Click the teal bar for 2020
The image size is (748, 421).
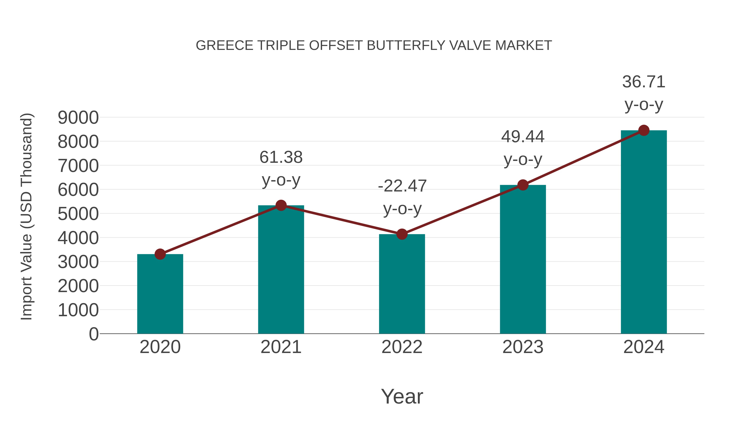160,294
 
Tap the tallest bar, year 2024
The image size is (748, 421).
644,232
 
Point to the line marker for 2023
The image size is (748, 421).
523,185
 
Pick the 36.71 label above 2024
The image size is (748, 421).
644,82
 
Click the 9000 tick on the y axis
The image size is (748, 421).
78,118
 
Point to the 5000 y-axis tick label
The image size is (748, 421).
78,214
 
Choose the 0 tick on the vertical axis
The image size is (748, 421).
94,334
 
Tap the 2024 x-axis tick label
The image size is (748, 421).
644,347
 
